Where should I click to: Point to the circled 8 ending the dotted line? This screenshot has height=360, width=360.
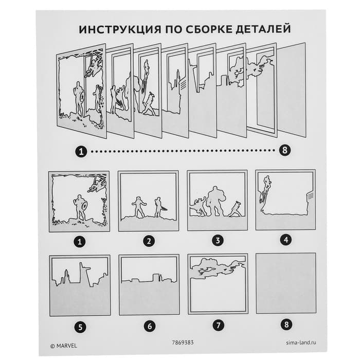click(283, 151)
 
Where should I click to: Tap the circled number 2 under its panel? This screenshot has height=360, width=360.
click(149, 241)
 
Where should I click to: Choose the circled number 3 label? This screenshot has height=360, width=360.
click(217, 241)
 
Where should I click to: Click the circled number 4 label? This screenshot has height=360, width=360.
click(285, 240)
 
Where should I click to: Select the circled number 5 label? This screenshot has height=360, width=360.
click(80, 326)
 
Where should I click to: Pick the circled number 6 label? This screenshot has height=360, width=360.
click(149, 326)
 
